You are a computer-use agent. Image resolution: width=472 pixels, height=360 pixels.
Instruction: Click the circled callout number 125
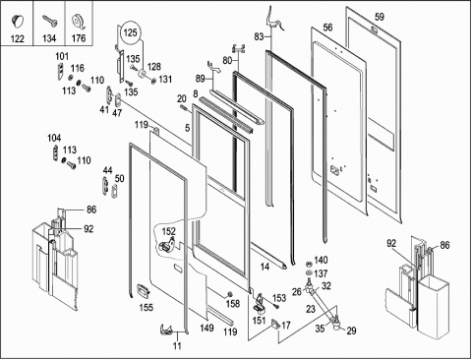coord(131,32)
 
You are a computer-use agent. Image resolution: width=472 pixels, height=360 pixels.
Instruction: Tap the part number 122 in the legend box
coord(17,38)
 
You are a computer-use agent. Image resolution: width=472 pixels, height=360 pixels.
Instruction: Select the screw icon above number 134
coord(50,21)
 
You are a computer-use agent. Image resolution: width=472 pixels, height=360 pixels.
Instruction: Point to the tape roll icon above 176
coord(78,23)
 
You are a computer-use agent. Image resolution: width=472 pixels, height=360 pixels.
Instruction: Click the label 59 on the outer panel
coord(380,17)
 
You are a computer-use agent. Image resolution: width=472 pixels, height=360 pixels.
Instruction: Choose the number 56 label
coord(327,28)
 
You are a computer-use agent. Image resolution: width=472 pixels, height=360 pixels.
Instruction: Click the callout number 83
coord(259,36)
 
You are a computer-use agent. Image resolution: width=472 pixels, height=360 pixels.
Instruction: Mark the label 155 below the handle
coord(147,307)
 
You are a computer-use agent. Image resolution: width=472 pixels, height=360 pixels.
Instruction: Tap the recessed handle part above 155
coord(144,290)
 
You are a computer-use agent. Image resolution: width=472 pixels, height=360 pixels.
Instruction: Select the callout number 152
coord(168,231)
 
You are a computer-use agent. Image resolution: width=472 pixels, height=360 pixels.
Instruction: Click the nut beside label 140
coord(308,264)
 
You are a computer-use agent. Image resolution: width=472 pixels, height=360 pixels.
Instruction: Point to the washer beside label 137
coord(308,273)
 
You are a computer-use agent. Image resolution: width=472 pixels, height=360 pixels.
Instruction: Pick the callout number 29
coord(351,330)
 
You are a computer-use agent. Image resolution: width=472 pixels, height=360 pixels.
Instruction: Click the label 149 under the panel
coord(206,328)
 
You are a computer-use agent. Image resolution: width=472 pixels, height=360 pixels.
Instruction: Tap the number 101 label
coord(62,56)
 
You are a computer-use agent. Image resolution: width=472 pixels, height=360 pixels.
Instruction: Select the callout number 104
coord(54,138)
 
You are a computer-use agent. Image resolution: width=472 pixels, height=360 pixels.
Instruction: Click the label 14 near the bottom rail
coord(265,267)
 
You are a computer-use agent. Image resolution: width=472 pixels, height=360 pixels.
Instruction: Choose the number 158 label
coord(233,304)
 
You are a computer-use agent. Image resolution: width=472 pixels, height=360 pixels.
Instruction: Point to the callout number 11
coord(177,345)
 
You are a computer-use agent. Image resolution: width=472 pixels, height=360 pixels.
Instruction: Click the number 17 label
coord(286,326)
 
